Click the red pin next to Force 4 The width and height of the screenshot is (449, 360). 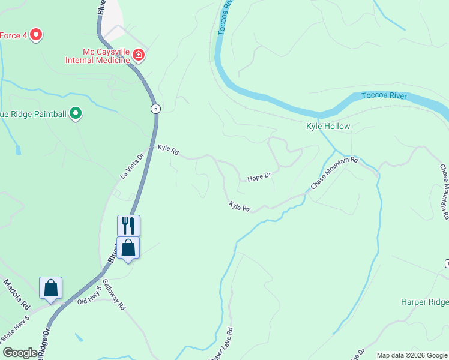(36, 35)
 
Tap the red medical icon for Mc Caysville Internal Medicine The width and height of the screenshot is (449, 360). (139, 56)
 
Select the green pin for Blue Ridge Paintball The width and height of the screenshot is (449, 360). (76, 113)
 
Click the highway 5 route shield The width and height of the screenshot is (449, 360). (156, 109)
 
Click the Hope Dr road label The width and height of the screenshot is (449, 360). (259, 176)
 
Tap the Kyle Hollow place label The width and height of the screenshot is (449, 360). (328, 127)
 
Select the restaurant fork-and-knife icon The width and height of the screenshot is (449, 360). (128, 226)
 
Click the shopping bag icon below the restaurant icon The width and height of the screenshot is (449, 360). (128, 247)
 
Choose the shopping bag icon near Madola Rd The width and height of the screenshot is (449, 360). (50, 288)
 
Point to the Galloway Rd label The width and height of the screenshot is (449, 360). (113, 294)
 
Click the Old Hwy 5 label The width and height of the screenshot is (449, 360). (89, 298)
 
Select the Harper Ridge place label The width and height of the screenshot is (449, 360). (424, 302)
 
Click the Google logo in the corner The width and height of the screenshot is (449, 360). (20, 353)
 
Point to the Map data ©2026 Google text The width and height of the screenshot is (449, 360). (411, 355)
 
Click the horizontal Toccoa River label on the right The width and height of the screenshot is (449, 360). (384, 96)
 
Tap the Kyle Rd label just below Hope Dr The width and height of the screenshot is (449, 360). (239, 206)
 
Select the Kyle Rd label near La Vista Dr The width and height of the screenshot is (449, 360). (168, 149)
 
